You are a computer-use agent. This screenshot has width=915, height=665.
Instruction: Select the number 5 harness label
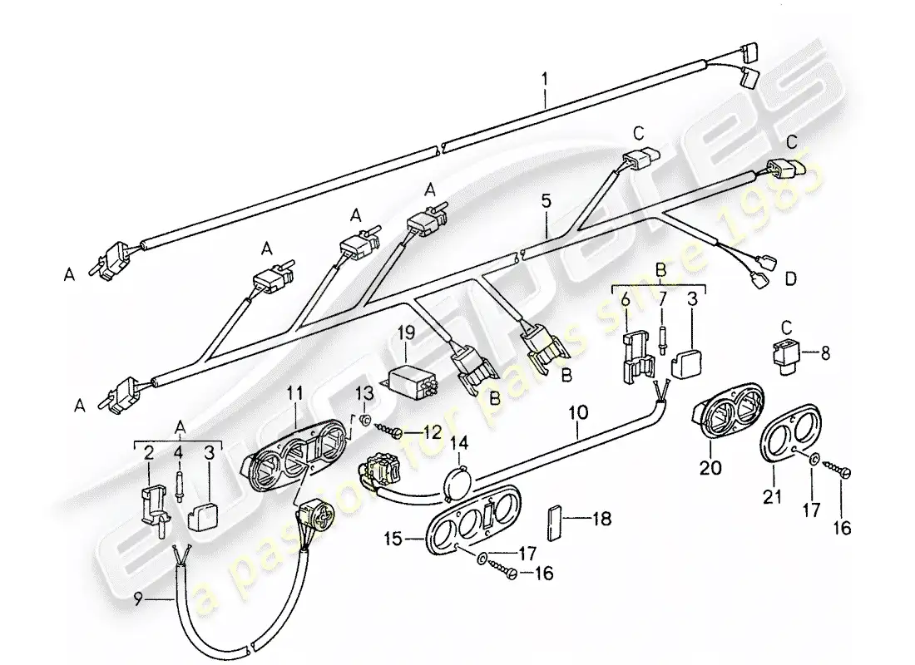pos(546,200)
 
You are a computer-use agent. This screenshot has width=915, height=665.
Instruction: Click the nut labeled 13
pos(364,418)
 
